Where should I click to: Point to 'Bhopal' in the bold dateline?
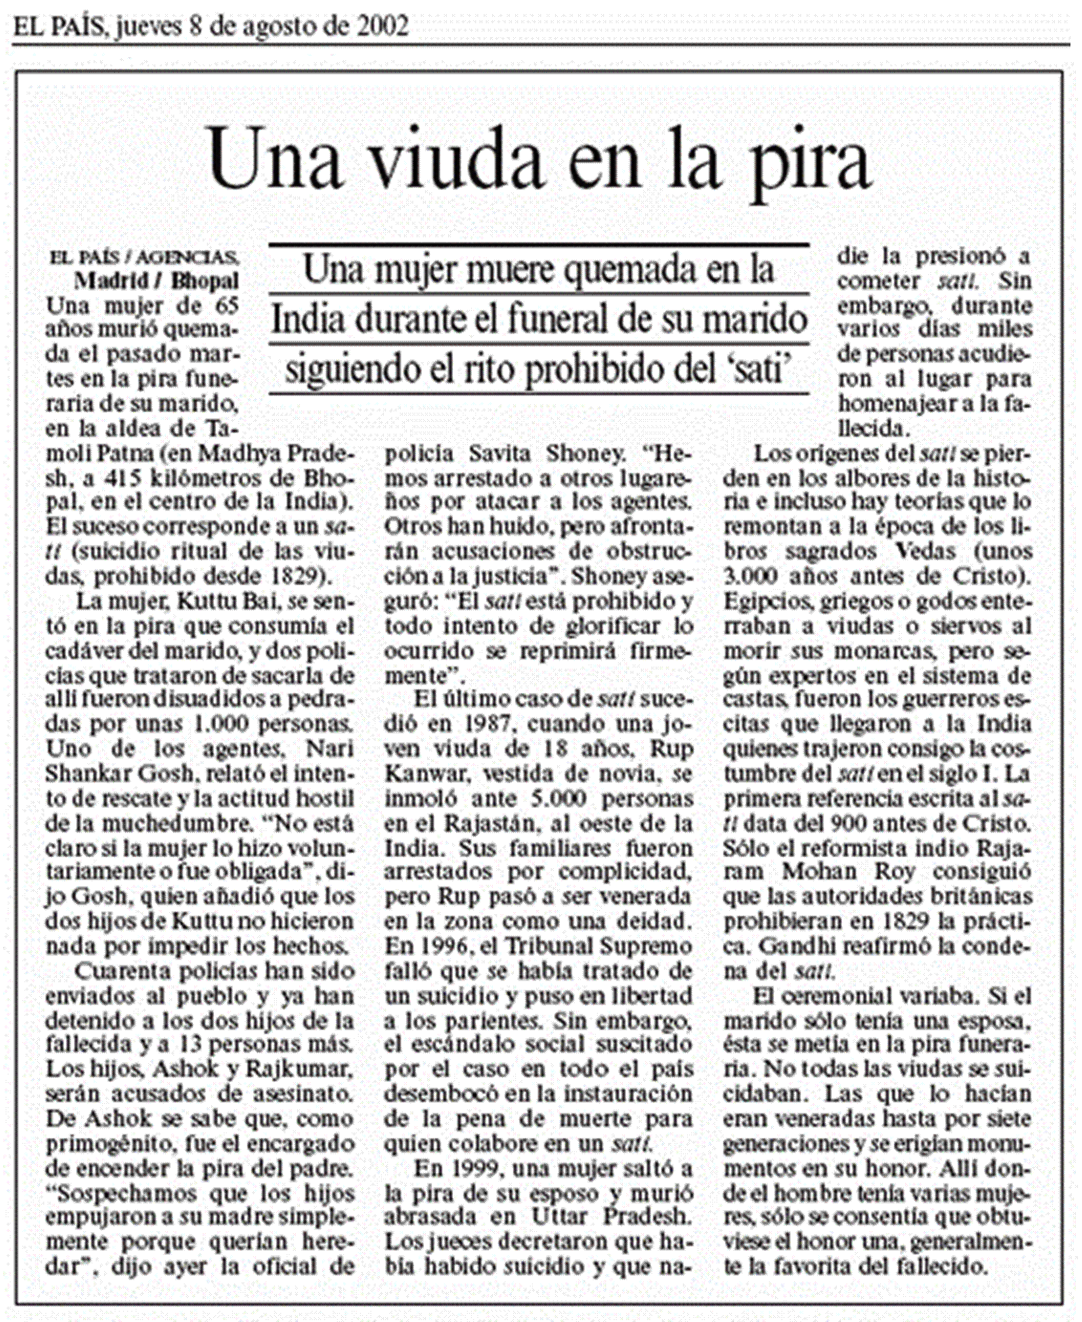[205, 281]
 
